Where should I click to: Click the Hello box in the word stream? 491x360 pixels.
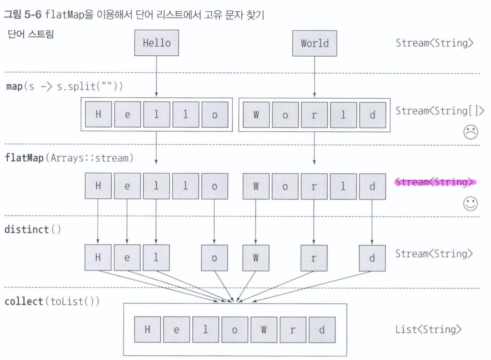[156, 43]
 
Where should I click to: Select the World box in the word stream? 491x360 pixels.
[314, 43]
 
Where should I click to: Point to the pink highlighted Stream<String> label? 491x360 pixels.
[434, 182]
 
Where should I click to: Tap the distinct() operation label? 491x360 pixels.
[33, 230]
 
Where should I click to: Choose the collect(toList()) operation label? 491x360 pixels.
[52, 301]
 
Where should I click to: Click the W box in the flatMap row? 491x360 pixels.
[256, 186]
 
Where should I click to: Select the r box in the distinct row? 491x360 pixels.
[314, 258]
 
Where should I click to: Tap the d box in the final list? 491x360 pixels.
[321, 330]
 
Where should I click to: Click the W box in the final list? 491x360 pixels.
[263, 330]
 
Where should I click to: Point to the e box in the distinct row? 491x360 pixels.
[127, 258]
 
